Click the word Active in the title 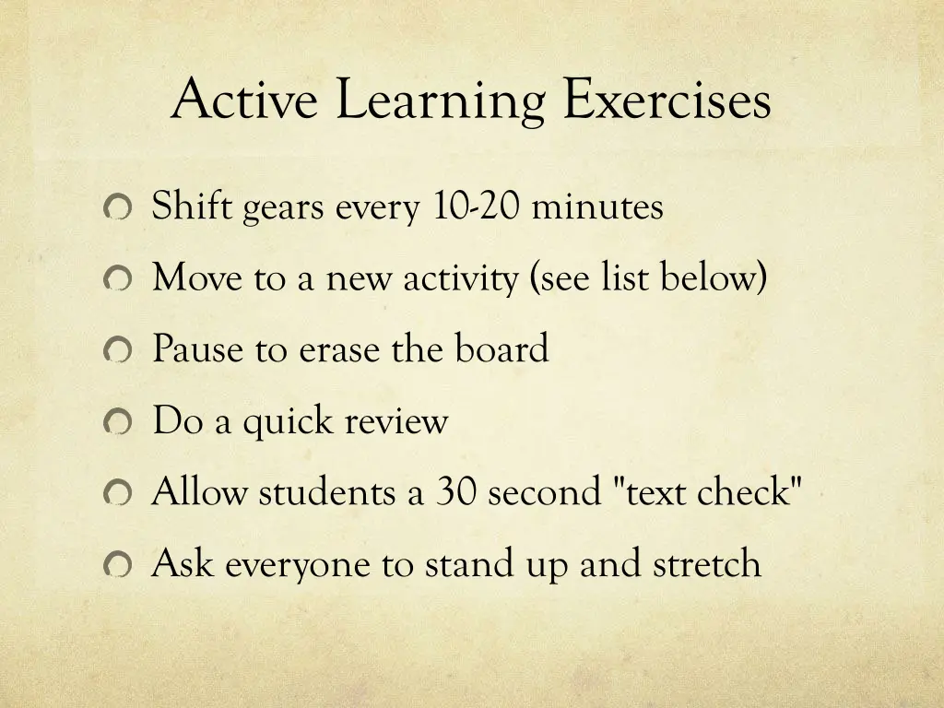click(245, 100)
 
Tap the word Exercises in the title click(667, 100)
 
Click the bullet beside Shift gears click(118, 208)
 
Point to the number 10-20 click(476, 206)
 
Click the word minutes click(596, 206)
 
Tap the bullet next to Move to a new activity click(118, 279)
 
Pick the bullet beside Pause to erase click(118, 351)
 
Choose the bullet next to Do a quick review click(118, 423)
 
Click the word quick click(287, 423)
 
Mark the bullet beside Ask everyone click(118, 565)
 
